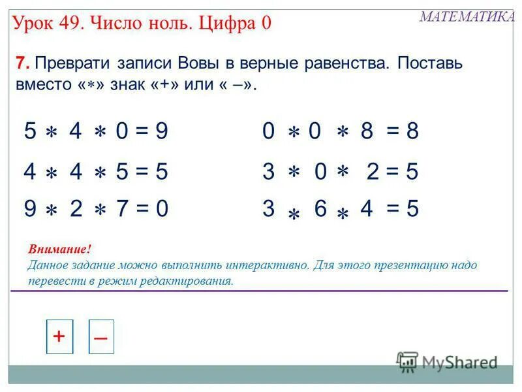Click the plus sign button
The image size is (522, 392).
(59, 336)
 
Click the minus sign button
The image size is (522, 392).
(101, 337)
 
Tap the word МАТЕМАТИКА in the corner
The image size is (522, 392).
(467, 17)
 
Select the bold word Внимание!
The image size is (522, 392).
(59, 250)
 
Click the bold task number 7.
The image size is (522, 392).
(22, 63)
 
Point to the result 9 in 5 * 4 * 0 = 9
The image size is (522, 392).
(162, 131)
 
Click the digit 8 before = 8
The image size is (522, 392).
(367, 131)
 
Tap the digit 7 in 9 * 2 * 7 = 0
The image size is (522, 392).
(121, 209)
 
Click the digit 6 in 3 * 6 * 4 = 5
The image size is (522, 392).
(320, 209)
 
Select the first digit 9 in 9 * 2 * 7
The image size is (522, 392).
(30, 209)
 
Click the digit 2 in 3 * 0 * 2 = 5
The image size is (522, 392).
(373, 172)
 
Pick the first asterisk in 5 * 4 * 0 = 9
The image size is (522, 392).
(52, 133)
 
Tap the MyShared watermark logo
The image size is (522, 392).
(448, 361)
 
